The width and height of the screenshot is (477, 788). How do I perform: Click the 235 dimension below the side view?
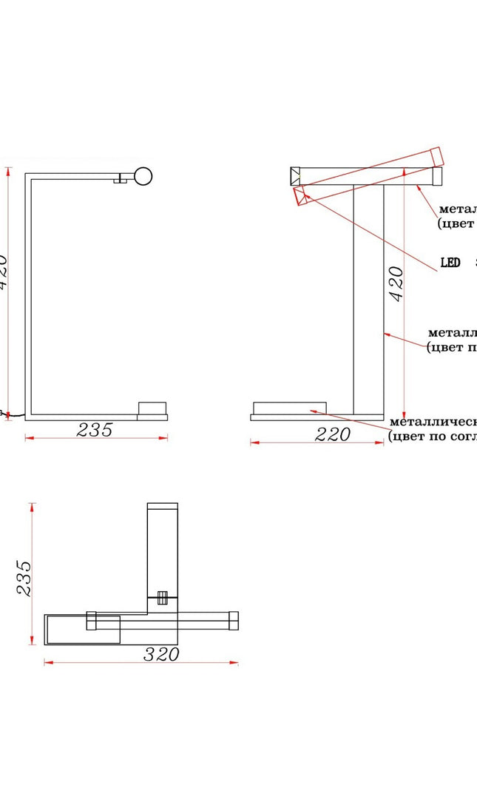(95, 430)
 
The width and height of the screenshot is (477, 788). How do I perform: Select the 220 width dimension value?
(333, 434)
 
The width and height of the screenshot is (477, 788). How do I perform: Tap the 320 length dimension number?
(162, 654)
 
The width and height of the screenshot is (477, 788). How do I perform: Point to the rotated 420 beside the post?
(396, 283)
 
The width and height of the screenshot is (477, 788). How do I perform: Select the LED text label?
(450, 262)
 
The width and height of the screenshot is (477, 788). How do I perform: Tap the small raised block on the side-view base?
(153, 408)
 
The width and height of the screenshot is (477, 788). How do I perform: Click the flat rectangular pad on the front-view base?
(289, 408)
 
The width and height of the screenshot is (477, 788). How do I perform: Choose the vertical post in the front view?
(368, 299)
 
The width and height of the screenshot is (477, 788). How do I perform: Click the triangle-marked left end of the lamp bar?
(295, 176)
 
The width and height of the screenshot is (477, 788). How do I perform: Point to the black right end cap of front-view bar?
(437, 176)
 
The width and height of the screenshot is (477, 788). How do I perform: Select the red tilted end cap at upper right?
(436, 156)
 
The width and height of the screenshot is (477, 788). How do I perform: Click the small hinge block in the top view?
(163, 598)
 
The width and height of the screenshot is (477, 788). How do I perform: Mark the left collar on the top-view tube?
(92, 620)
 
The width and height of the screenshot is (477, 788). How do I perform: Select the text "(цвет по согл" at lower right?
(433, 436)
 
